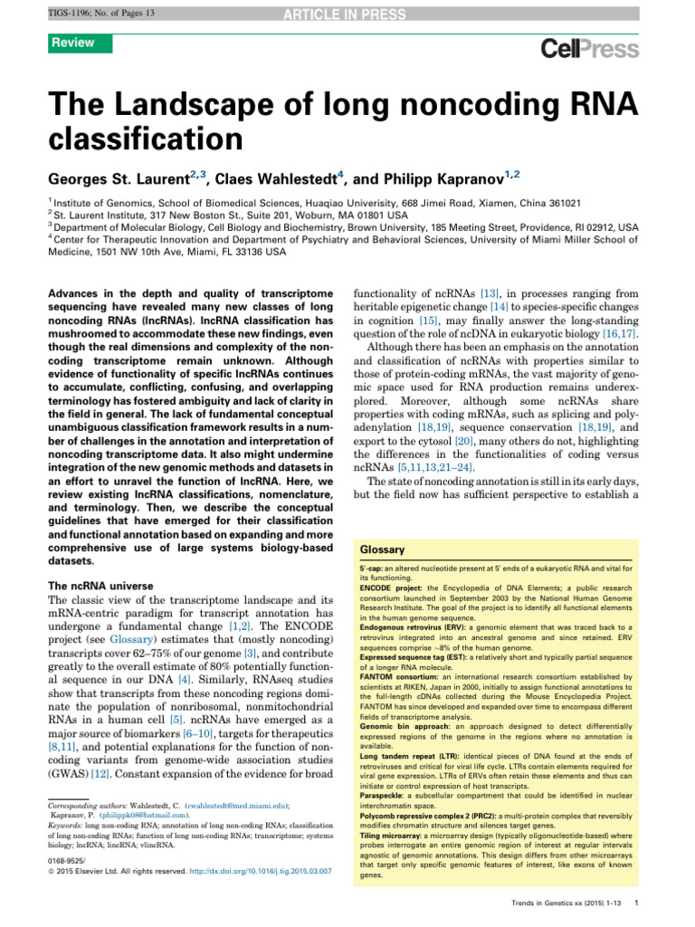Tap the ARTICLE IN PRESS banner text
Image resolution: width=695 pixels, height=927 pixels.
coord(347,11)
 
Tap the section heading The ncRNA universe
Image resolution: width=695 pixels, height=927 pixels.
coord(99,587)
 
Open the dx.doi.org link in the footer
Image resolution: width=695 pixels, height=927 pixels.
coord(262,845)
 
